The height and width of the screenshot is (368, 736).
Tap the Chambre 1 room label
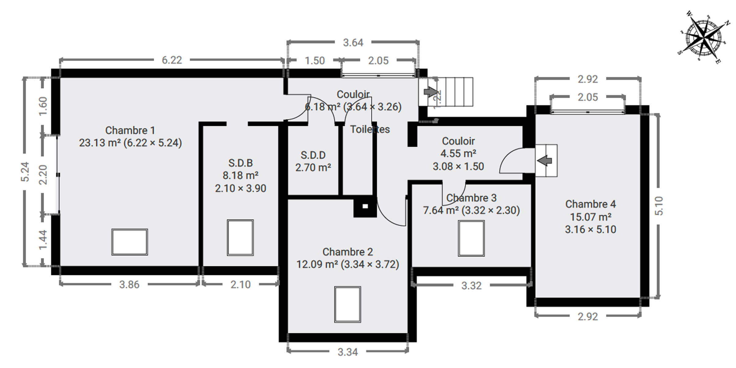[x=130, y=130]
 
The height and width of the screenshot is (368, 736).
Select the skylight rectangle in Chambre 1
[x=129, y=242]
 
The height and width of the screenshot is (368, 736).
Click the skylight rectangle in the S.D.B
[x=240, y=238]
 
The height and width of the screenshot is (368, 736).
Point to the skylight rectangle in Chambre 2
[x=348, y=305]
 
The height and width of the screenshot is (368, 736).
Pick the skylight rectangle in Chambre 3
[x=471, y=238]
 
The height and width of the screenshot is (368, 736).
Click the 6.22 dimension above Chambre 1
[x=172, y=60]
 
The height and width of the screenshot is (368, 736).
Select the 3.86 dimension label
[x=129, y=285]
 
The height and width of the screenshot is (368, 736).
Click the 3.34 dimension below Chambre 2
[x=348, y=352]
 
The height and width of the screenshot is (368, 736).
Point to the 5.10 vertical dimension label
[x=659, y=206]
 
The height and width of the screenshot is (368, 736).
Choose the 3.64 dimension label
[x=353, y=43]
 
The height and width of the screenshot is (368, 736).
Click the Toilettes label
[x=370, y=129]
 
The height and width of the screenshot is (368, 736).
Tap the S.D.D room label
[x=313, y=155]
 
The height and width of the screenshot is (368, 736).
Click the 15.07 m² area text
[x=591, y=217]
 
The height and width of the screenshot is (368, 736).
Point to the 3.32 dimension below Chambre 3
[x=471, y=286]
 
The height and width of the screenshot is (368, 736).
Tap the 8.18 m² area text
[x=240, y=175]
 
